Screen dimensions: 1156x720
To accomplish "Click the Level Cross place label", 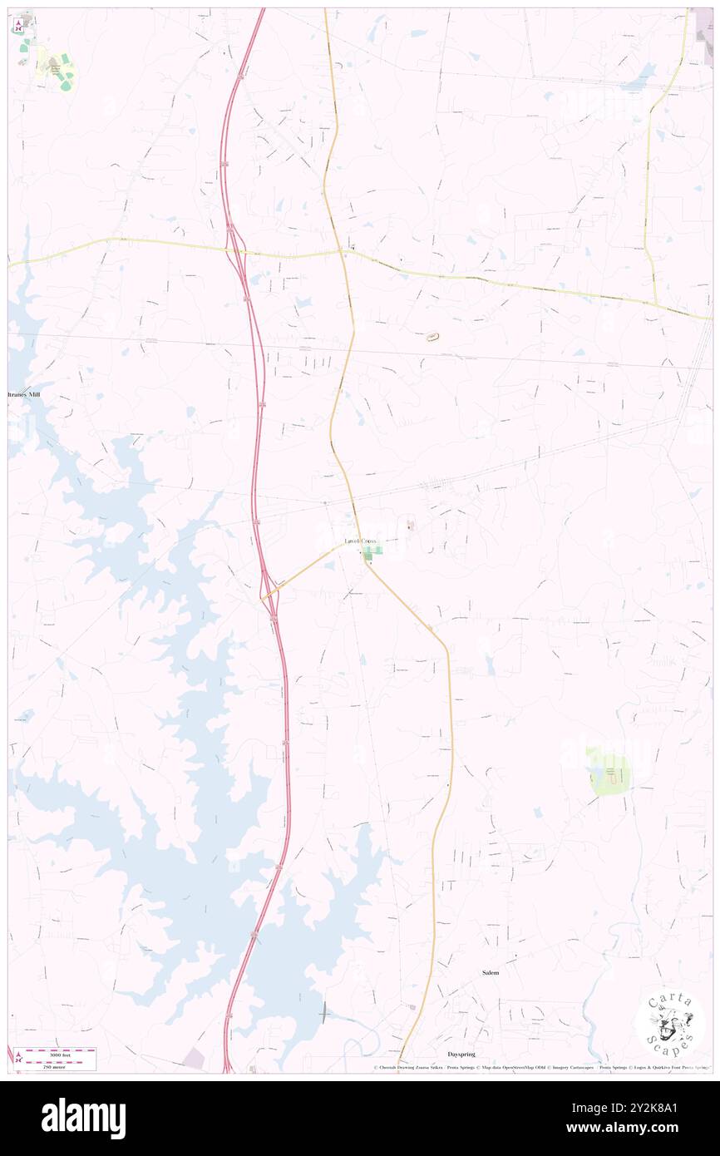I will [362, 541].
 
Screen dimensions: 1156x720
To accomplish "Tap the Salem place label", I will [491, 971].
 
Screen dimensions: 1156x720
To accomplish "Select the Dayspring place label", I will [461, 1054].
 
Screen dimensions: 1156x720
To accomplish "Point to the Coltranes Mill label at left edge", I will [25, 395].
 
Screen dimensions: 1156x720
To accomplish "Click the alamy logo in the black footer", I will [83, 1118].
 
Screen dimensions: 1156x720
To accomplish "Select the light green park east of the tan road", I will [609, 771].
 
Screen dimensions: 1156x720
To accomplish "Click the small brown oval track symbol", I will [432, 337].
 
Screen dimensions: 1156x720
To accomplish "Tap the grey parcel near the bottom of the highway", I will [195, 1058].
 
